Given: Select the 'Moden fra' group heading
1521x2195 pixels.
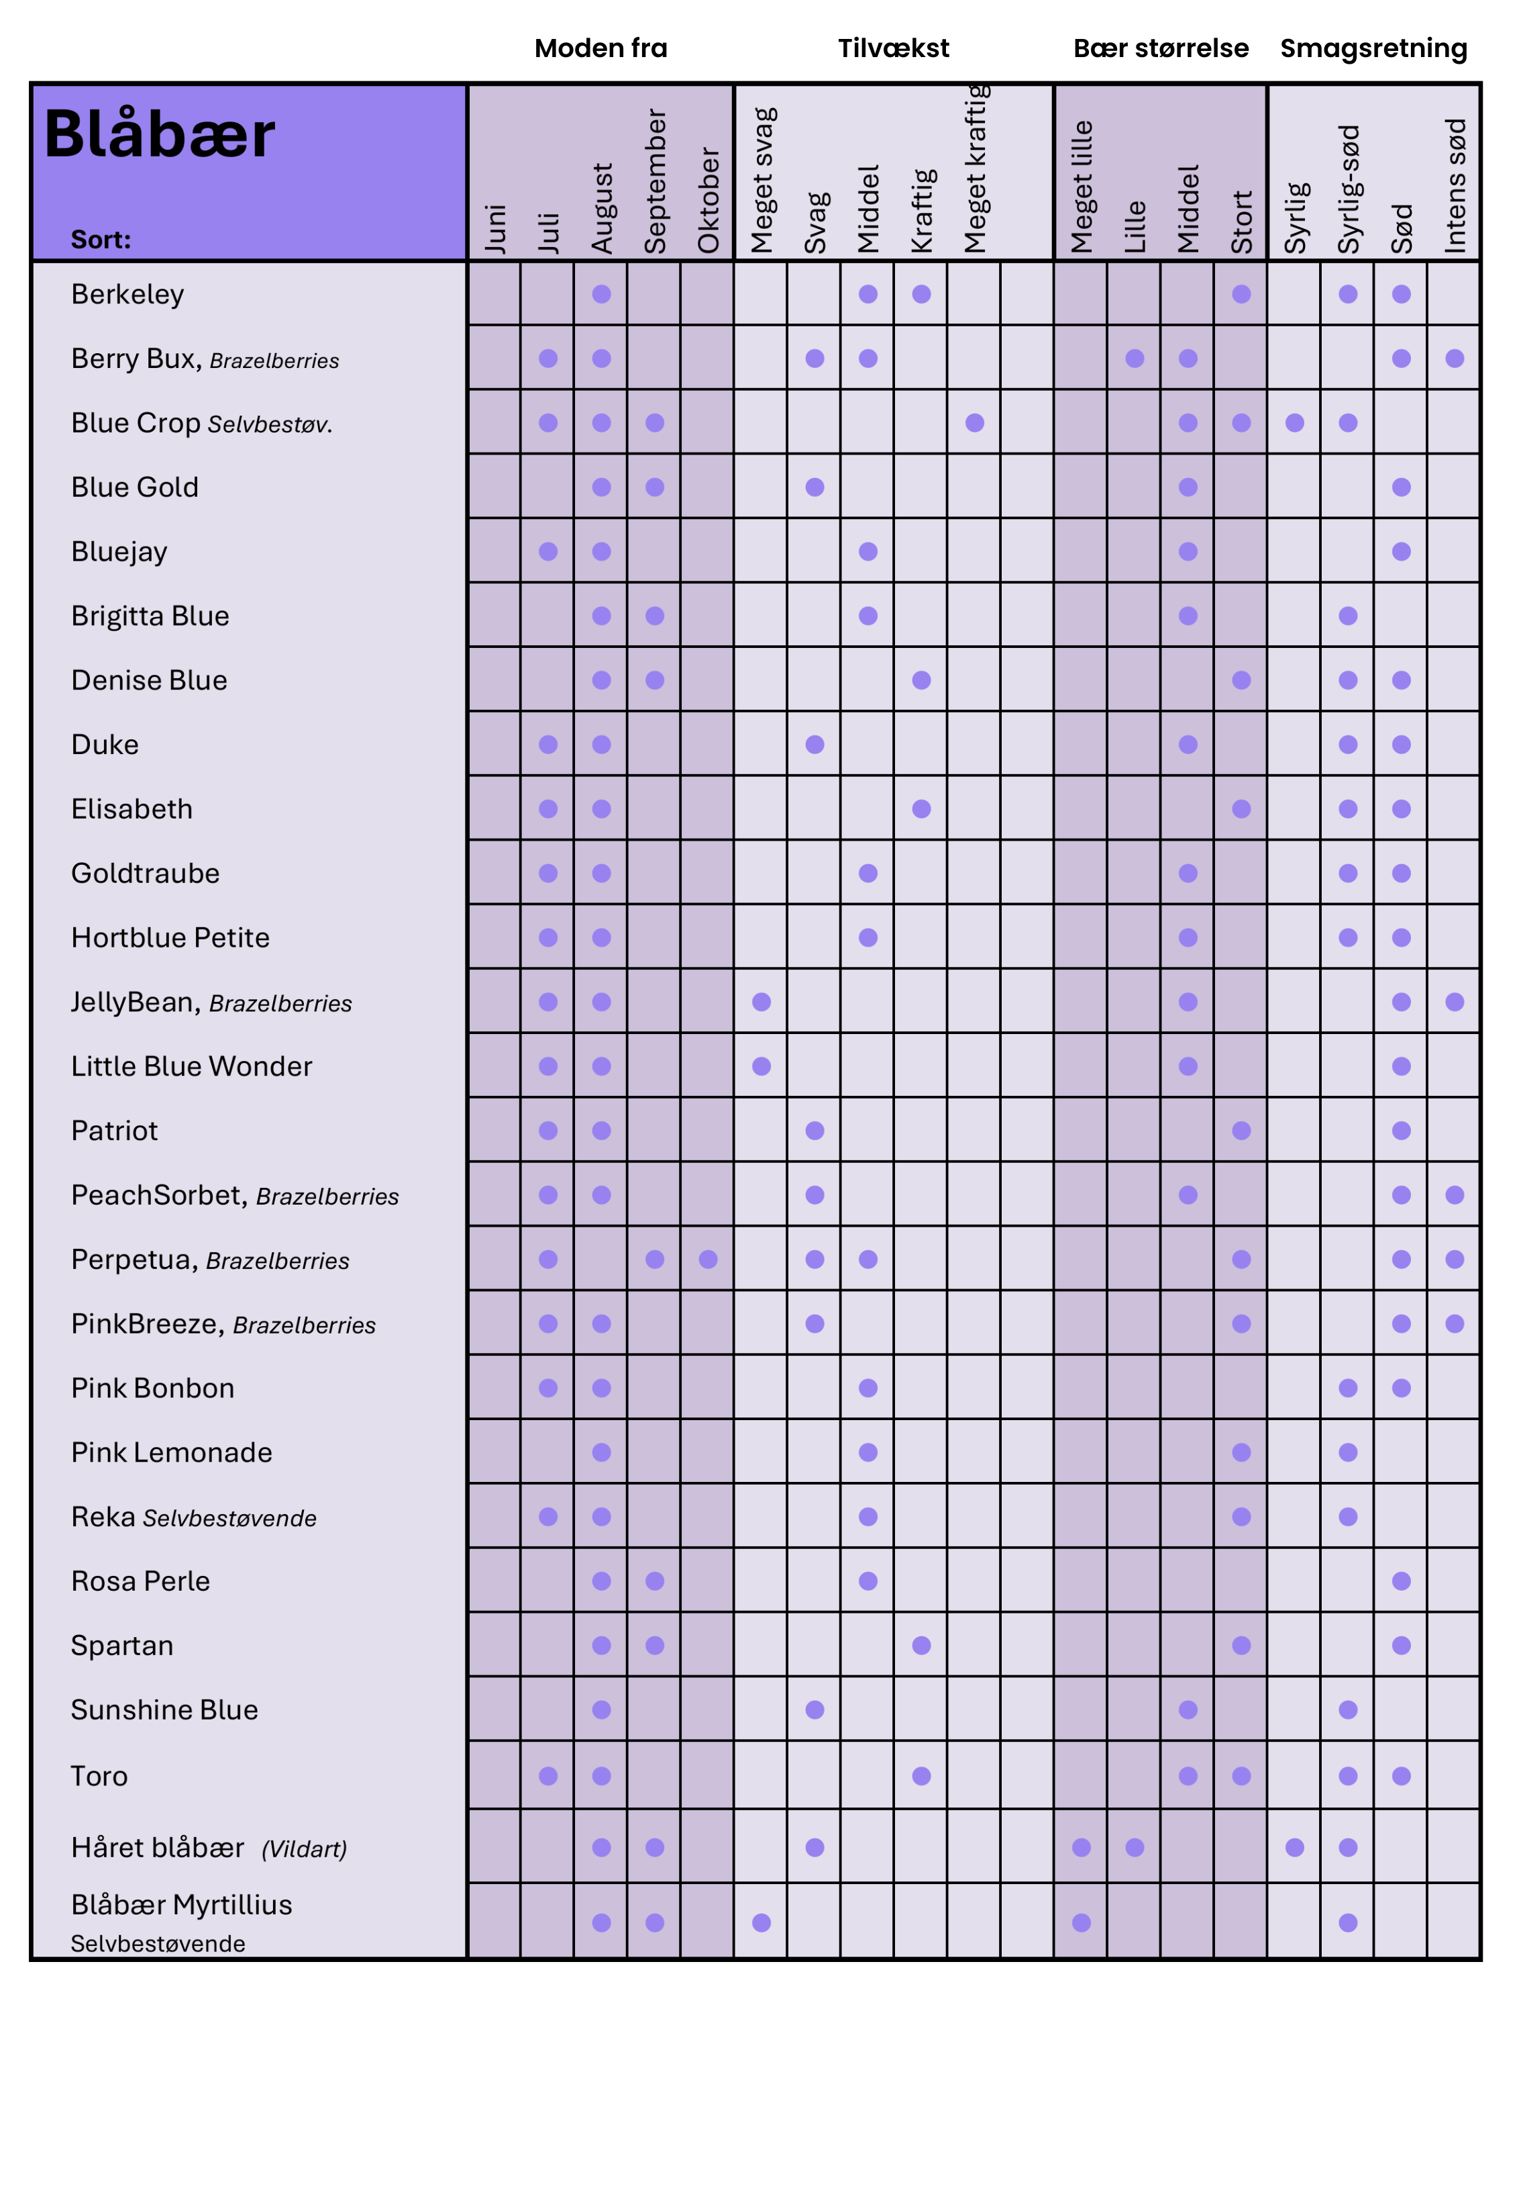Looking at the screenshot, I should click(x=600, y=48).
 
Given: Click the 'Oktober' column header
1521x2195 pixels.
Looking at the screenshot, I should click(x=708, y=200).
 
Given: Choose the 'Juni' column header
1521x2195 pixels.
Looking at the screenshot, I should click(x=494, y=229).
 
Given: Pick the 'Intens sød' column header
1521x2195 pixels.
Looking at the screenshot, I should click(x=1455, y=186).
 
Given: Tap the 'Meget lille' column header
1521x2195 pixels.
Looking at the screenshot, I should click(x=1081, y=187).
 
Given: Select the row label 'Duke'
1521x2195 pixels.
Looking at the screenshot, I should click(x=105, y=745).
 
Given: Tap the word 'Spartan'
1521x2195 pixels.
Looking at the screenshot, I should click(x=122, y=1646).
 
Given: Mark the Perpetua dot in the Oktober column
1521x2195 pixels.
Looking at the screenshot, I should click(x=708, y=1260).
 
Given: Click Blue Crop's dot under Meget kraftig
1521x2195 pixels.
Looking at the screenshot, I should click(x=974, y=422).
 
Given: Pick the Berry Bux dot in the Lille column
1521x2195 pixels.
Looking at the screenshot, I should click(x=1134, y=359).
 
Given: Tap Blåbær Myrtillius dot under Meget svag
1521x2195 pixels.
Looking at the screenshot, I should click(x=762, y=1922).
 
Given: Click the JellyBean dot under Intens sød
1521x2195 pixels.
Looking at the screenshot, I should click(x=1455, y=1002).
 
